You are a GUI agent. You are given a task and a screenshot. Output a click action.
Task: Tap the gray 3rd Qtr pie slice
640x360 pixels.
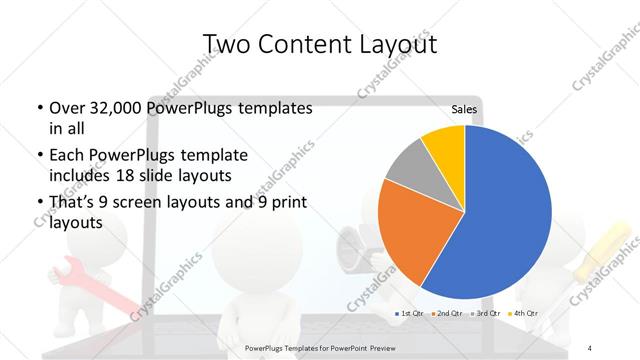[408, 167]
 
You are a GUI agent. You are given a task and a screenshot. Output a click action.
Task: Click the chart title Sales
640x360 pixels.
[464, 110]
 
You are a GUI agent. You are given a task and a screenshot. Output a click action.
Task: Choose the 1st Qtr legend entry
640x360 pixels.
[411, 313]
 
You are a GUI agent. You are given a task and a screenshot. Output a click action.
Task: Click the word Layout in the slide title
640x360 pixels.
[393, 45]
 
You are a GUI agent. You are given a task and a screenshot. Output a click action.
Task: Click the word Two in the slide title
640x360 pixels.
[227, 45]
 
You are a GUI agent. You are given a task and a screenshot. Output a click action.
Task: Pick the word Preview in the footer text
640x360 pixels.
[376, 348]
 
